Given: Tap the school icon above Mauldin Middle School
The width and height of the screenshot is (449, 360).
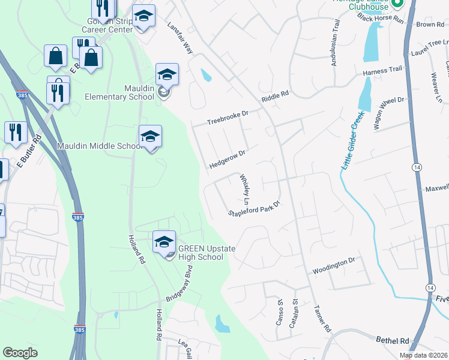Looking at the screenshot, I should [x=150, y=137].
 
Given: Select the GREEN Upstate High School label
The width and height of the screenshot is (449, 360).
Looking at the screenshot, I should [x=200, y=253].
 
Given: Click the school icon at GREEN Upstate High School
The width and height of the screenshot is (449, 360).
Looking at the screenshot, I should [x=164, y=242].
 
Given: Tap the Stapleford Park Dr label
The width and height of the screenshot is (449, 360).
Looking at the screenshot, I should [x=255, y=208].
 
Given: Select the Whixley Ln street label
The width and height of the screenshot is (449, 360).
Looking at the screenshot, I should [x=245, y=188].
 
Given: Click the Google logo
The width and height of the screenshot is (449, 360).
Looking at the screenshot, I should [x=20, y=353].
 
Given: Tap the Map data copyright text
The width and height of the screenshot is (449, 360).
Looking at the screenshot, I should [x=423, y=355].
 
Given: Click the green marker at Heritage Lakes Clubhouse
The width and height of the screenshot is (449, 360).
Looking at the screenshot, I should [x=397, y=4].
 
